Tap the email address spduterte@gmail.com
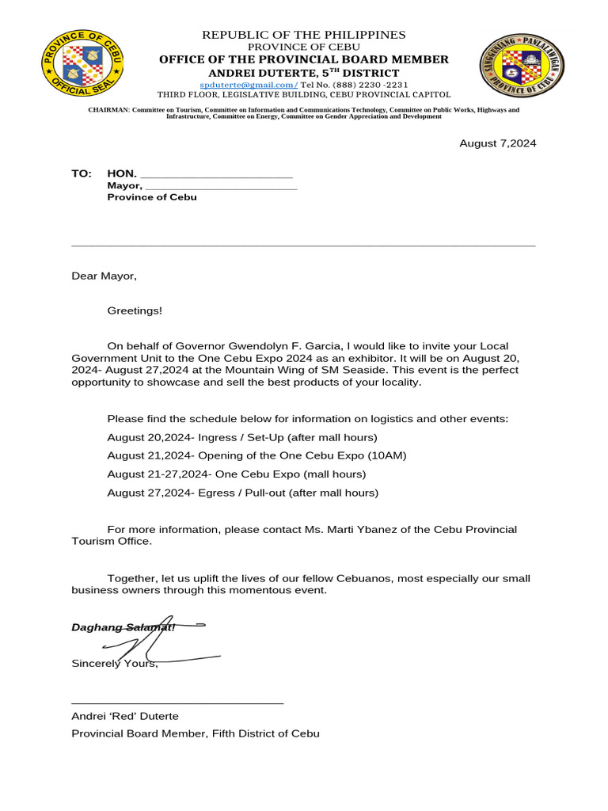tap(248, 84)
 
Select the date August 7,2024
tap(498, 143)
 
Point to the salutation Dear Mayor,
tap(104, 276)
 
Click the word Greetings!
tap(135, 310)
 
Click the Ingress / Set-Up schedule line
tap(242, 437)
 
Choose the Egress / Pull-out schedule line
tap(242, 493)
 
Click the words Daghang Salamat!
tap(123, 627)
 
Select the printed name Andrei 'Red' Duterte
tap(125, 716)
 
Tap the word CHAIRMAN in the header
tap(108, 110)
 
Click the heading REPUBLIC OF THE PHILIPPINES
tap(304, 35)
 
